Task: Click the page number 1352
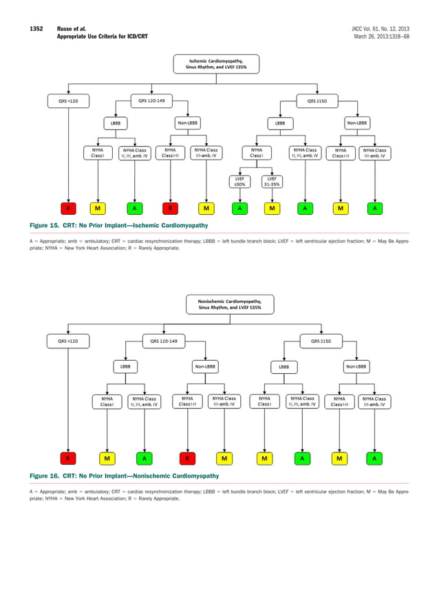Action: click(36, 28)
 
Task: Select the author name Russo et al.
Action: click(70, 28)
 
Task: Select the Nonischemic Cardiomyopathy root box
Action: click(230, 304)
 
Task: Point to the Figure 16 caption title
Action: click(124, 476)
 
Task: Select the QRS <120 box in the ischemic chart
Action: click(67, 101)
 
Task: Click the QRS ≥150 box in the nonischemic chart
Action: click(321, 340)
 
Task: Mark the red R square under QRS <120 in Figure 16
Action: click(67, 458)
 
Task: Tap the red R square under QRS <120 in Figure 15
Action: click(67, 208)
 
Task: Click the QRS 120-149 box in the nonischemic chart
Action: click(163, 340)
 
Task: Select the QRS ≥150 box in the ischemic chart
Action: click(317, 101)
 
